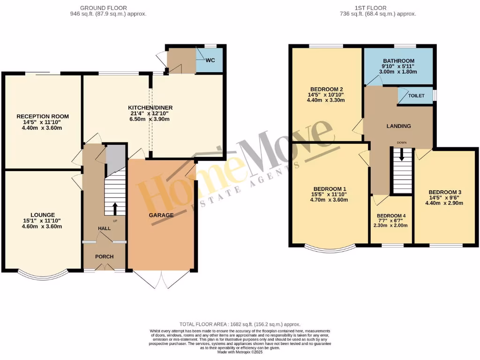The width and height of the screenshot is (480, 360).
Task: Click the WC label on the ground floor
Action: coord(211,60)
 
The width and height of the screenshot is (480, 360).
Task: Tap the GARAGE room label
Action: coord(162,215)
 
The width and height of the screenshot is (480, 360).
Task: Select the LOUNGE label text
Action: coord(43,215)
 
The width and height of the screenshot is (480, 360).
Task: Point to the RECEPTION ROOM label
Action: coord(43,116)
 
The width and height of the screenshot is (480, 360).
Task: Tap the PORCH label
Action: coord(105,256)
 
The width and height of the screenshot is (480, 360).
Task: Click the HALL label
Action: coord(104,228)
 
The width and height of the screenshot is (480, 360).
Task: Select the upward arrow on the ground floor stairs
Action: coord(114,209)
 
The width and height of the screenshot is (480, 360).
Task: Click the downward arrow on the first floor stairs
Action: coord(401,155)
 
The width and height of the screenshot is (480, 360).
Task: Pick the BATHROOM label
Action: coord(398,61)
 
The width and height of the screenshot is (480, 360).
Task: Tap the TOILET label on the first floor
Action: coord(416,96)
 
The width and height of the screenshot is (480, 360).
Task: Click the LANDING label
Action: coord(398,126)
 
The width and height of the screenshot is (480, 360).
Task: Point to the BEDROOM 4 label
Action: coord(392,216)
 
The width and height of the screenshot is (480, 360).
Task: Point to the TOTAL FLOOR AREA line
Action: coord(240,324)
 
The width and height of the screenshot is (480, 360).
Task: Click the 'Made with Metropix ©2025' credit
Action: coord(240,352)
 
